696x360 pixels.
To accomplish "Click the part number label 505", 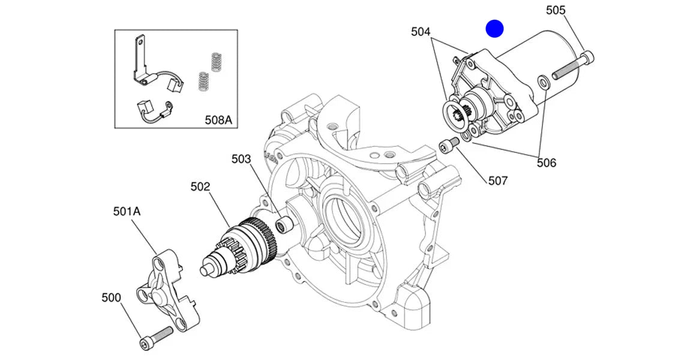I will click(555, 10).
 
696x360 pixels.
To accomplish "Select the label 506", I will click(546, 162).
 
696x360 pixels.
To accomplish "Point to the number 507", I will click(497, 180).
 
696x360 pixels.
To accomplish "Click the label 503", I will click(241, 159).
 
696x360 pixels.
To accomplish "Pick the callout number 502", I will click(200, 187).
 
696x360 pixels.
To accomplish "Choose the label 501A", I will click(127, 211).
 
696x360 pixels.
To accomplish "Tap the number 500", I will click(111, 298).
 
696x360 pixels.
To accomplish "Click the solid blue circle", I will click(494, 28).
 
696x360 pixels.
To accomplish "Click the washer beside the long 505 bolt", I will click(542, 81).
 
